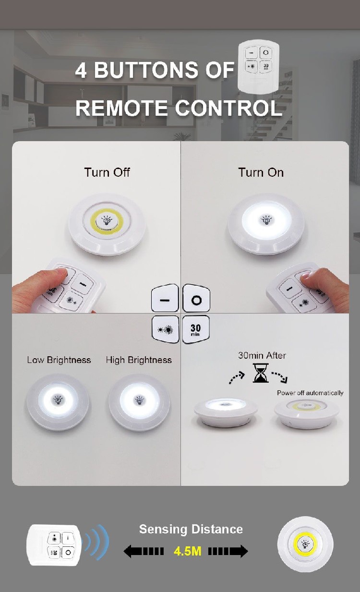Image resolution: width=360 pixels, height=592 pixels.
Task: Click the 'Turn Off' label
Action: click(x=107, y=172)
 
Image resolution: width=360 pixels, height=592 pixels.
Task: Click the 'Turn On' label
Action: click(x=261, y=172)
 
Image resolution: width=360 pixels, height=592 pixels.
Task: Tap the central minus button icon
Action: click(x=165, y=298)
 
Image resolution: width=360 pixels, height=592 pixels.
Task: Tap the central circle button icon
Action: click(x=196, y=298)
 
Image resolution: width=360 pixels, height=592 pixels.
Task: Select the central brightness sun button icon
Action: click(x=166, y=329)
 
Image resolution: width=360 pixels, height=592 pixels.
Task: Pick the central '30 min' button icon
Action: click(x=196, y=329)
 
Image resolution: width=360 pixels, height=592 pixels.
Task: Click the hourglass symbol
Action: click(x=261, y=373)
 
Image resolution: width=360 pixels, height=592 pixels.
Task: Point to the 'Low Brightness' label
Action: click(x=59, y=360)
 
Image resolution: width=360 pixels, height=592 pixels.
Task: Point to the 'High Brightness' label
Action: click(x=139, y=360)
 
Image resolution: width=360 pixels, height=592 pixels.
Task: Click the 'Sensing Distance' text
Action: click(x=191, y=530)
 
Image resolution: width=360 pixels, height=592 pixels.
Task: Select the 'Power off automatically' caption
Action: click(x=311, y=393)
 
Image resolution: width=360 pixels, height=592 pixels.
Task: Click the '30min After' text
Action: click(x=262, y=355)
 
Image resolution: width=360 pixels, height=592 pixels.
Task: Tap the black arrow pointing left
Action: click(x=144, y=552)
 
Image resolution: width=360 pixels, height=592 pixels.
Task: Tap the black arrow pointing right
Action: click(x=228, y=552)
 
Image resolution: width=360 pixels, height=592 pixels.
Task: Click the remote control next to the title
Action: click(x=259, y=67)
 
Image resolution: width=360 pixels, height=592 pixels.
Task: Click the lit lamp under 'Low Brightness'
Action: click(x=58, y=402)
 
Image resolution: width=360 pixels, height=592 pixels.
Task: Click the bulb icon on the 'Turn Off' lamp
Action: click(x=107, y=220)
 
